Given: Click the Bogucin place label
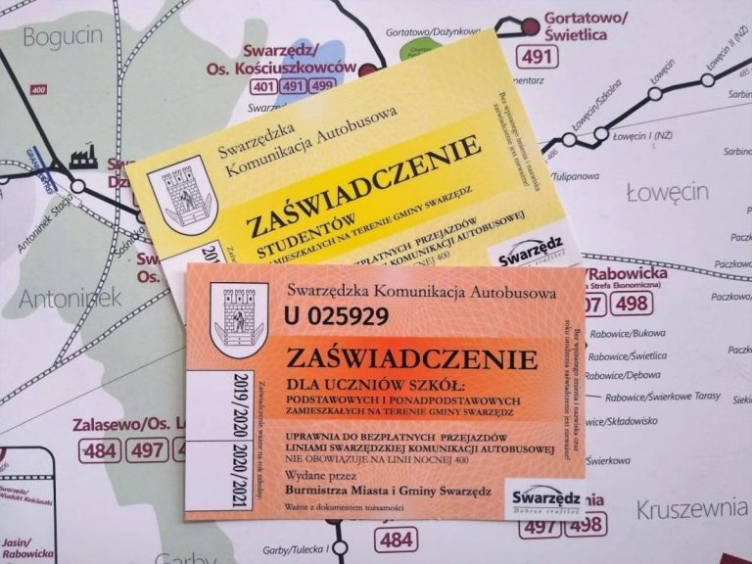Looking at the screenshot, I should [62, 37].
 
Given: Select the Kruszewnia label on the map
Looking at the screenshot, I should [691, 509].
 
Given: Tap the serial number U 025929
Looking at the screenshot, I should [336, 316].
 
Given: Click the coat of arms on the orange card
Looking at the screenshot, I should [239, 319].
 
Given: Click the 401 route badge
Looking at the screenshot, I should [262, 86].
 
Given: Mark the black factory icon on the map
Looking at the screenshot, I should [83, 157].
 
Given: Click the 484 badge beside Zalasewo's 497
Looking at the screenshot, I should [100, 449].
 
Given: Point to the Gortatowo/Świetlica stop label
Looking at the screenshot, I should [587, 26].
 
